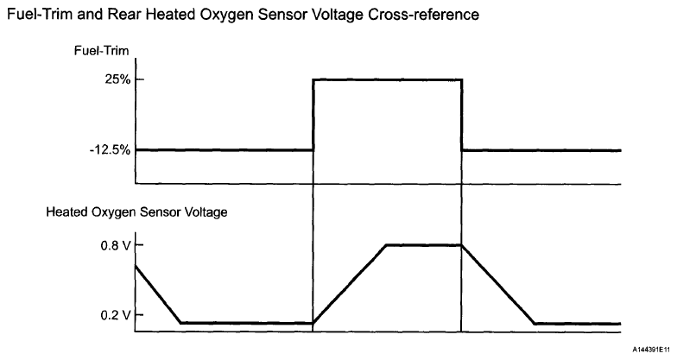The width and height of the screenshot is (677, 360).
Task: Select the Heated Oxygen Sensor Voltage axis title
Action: tap(136, 211)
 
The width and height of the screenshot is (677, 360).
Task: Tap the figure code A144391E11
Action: tap(649, 349)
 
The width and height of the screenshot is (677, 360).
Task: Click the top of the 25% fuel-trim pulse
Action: tap(387, 79)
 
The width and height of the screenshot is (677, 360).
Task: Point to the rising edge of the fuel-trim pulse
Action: tap(313, 115)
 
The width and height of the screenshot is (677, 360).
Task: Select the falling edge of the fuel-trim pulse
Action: tap(462, 115)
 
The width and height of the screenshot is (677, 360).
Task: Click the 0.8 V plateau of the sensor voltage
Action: tap(423, 245)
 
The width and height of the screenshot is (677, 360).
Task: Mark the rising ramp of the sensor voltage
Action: tap(349, 284)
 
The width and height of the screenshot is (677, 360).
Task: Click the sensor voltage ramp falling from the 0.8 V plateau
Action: tap(498, 284)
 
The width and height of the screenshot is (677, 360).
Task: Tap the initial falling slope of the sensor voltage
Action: tap(157, 294)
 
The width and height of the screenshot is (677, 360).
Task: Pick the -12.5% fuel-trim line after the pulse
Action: tap(541, 150)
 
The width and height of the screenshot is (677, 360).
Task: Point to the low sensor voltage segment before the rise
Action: tap(246, 323)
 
